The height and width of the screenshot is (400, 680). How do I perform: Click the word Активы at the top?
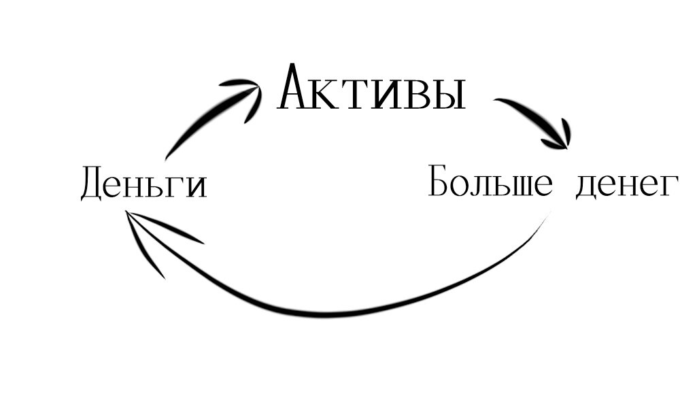(372, 88)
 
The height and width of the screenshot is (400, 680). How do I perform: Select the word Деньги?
(143, 184)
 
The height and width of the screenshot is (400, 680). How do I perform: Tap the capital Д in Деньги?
(93, 184)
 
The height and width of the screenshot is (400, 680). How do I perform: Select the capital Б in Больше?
(440, 181)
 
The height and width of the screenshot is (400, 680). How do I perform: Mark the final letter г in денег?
(669, 185)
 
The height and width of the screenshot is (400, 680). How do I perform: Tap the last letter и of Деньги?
(197, 186)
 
